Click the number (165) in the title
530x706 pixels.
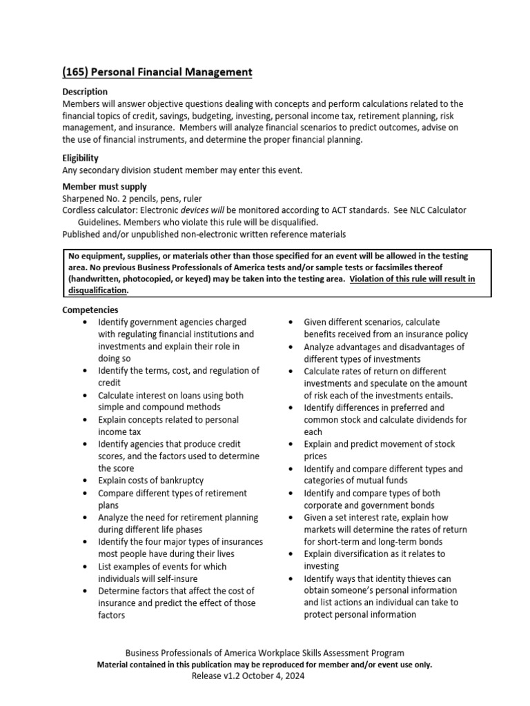click(75, 72)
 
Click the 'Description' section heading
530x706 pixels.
click(85, 92)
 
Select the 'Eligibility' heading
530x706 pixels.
click(81, 158)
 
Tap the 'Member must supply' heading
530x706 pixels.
click(104, 187)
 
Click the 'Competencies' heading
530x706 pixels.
click(90, 310)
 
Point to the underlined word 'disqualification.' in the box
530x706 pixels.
click(98, 290)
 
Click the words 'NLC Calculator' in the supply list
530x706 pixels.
click(438, 210)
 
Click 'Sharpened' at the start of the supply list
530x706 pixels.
click(83, 199)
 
